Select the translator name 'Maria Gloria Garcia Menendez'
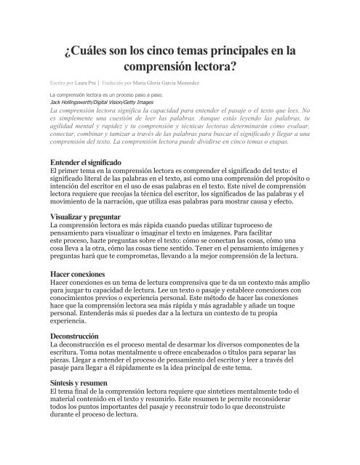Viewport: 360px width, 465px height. click(196, 84)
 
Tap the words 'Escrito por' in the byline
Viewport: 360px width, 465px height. click(62, 84)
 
